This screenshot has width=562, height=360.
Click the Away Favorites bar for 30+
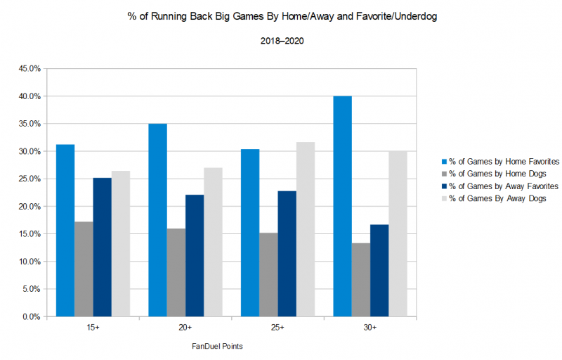click(x=379, y=270)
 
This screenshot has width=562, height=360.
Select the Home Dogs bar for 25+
click(x=268, y=274)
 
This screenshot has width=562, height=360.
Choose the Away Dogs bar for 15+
click(x=120, y=243)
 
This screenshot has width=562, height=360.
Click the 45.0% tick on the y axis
click(x=30, y=69)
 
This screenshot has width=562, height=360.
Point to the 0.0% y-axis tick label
click(x=32, y=317)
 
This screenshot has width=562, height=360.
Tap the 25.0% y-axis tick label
click(x=30, y=179)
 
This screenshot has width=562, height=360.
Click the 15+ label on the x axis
click(x=93, y=328)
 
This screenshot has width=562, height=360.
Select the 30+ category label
click(x=370, y=328)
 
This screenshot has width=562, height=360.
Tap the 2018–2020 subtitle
click(x=280, y=41)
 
